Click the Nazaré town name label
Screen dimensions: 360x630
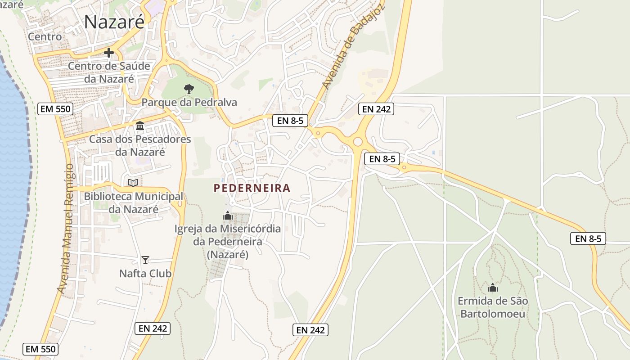(114, 22)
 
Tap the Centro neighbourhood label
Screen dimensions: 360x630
(45, 36)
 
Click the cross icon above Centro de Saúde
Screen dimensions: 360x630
(108, 53)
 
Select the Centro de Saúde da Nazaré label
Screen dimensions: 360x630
(109, 72)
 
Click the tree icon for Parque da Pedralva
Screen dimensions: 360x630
(189, 89)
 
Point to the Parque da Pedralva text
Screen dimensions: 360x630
(189, 103)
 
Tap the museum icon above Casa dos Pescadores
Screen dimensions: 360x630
(140, 126)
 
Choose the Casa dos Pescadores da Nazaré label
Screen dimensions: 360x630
(140, 145)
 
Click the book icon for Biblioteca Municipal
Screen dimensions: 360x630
(133, 183)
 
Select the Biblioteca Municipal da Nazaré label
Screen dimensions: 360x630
(133, 202)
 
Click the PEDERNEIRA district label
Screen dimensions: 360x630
(252, 188)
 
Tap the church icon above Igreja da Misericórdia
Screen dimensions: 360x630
(228, 216)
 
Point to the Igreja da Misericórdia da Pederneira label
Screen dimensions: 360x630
(228, 242)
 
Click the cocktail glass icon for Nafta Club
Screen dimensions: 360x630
(145, 260)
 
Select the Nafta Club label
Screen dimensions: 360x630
(145, 273)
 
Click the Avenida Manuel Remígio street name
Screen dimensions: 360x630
(66, 229)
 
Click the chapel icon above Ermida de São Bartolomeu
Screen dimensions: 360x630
(493, 287)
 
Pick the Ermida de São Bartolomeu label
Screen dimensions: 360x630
(493, 307)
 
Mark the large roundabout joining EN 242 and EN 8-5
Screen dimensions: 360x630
(358, 142)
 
